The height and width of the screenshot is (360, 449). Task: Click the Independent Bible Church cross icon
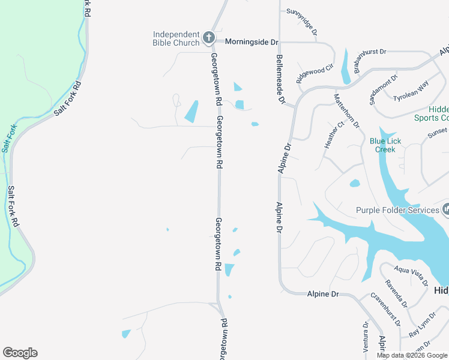click(208, 38)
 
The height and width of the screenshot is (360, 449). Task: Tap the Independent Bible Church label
click(176, 38)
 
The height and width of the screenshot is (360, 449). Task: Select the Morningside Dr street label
click(252, 42)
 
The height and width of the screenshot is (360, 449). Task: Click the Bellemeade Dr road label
click(279, 78)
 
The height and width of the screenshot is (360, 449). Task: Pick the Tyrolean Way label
click(411, 93)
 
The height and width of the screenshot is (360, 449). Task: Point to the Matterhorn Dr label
click(346, 112)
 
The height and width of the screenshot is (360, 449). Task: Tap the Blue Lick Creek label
click(385, 145)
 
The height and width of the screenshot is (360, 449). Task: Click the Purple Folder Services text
click(397, 210)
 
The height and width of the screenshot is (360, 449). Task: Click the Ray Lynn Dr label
click(423, 325)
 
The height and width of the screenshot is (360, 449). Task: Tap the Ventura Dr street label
click(366, 337)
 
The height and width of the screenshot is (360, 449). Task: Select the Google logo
click(20, 353)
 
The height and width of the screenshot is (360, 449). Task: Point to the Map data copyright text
click(412, 355)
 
